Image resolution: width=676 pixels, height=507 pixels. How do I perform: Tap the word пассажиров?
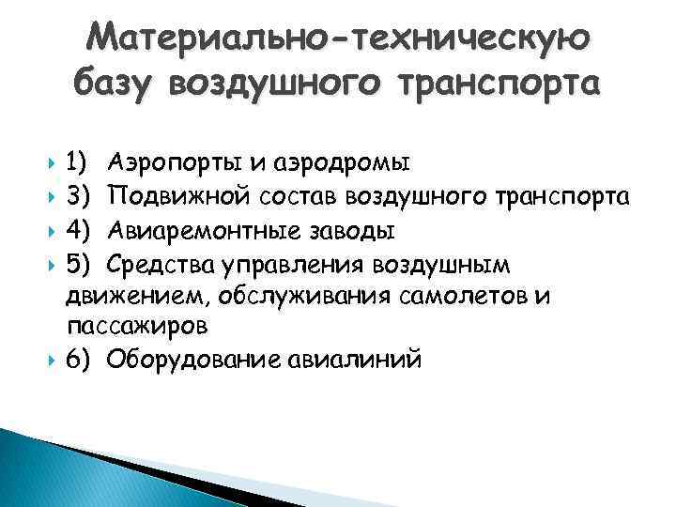(x=137, y=327)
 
